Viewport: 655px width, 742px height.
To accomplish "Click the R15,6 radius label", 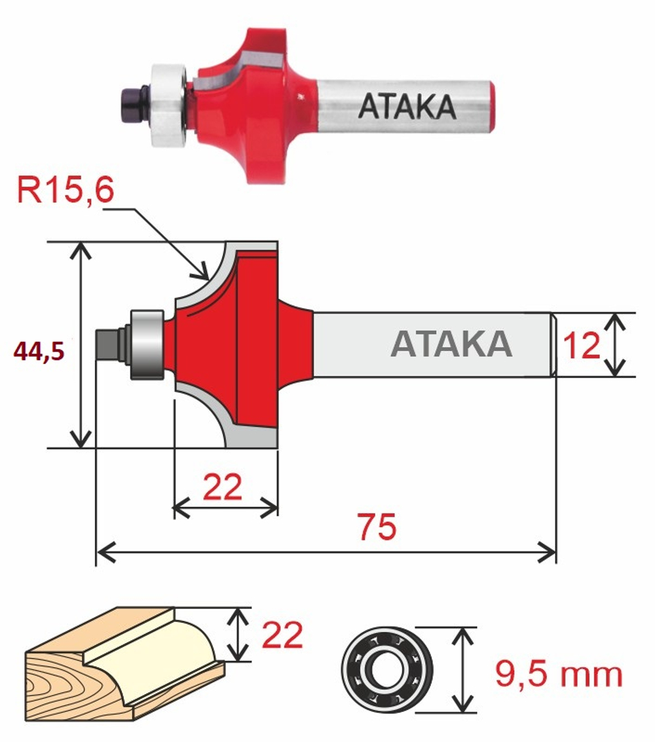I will click(66, 191).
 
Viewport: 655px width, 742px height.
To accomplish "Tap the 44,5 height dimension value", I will click(39, 352).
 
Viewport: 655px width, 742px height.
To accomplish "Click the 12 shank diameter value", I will click(582, 345).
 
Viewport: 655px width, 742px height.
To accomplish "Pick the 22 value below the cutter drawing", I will click(223, 487).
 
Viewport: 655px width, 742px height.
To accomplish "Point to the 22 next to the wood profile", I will click(282, 635).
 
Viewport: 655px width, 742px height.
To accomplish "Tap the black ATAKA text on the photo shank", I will click(407, 106).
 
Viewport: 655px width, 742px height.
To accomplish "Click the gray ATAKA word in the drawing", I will click(451, 344).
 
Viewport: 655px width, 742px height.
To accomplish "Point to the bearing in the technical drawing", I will click(147, 344).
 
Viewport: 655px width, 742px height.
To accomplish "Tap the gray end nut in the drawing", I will click(107, 343).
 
